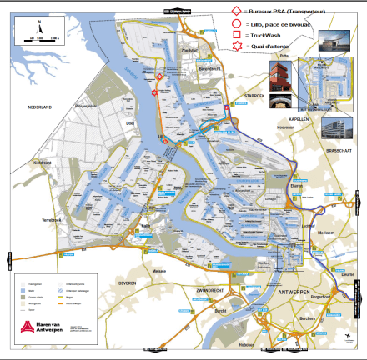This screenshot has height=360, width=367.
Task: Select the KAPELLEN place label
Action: pyautogui.click(x=299, y=119)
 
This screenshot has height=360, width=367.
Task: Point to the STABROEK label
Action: pyautogui.click(x=254, y=96)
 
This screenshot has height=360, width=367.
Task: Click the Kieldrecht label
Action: pyautogui.click(x=43, y=162)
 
